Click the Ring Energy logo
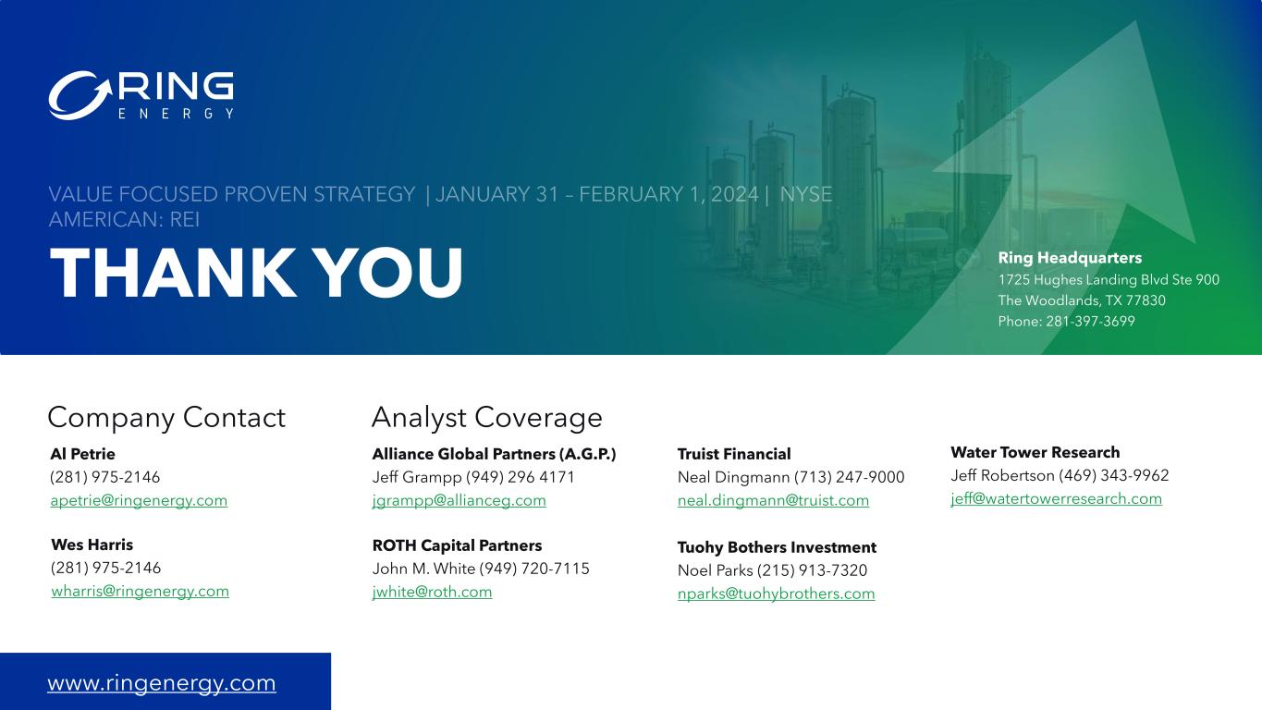click(x=141, y=95)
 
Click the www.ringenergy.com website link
click(x=162, y=683)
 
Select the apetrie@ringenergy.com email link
click(x=139, y=500)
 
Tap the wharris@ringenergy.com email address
click(x=140, y=591)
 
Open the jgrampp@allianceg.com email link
click(x=459, y=500)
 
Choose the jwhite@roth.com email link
click(x=432, y=592)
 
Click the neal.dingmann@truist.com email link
click(x=773, y=500)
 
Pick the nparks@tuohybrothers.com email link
click(x=776, y=594)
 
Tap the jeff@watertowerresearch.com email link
click(x=1057, y=498)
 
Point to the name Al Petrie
click(x=83, y=454)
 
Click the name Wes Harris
click(x=92, y=545)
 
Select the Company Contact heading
click(x=166, y=418)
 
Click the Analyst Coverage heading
click(x=486, y=418)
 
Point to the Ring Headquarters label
click(x=1070, y=258)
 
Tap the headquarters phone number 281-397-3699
click(x=1090, y=321)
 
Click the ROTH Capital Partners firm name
click(x=457, y=545)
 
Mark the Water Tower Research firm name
click(x=1035, y=452)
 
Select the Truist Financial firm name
click(x=734, y=454)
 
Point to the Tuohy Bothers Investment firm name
click(x=777, y=547)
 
